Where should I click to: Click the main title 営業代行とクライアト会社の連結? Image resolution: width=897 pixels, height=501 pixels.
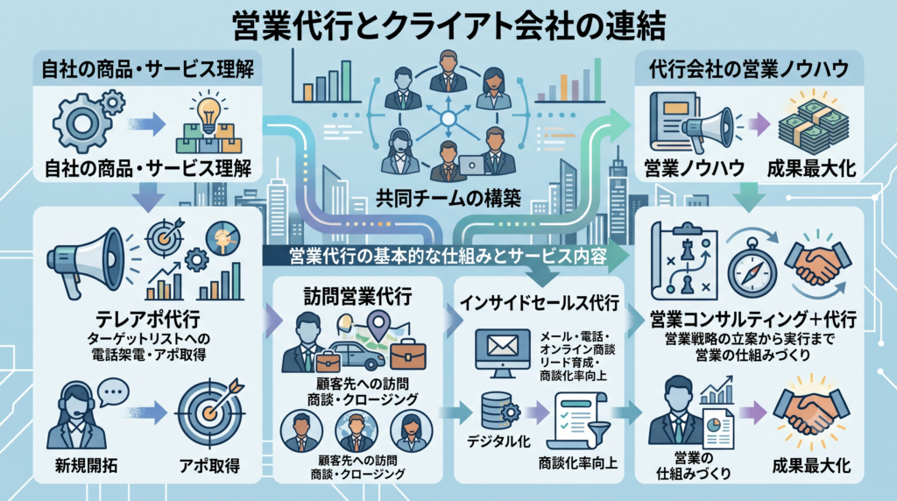coord(449,25)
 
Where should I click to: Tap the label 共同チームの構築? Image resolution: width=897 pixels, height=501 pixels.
coord(448,198)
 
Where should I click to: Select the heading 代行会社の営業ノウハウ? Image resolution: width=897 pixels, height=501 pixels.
coord(749,68)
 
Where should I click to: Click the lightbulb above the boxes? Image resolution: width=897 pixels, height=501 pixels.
coord(208,109)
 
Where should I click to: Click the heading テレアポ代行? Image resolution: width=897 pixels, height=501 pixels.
coord(147,319)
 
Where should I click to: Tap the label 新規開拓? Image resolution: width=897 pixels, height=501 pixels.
coord(87,466)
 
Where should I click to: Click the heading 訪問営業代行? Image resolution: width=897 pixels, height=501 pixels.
coord(357,296)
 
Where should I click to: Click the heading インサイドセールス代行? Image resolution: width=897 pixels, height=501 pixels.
coord(540,302)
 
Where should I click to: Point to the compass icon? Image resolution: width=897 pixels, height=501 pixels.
coord(752,269)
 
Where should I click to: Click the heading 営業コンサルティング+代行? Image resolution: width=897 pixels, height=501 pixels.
coord(752,319)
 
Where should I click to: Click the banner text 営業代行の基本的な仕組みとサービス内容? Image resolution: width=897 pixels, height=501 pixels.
coord(448,256)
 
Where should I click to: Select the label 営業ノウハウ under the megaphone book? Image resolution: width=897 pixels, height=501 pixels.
coord(694,168)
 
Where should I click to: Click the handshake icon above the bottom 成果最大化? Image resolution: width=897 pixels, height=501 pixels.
coord(811,411)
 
